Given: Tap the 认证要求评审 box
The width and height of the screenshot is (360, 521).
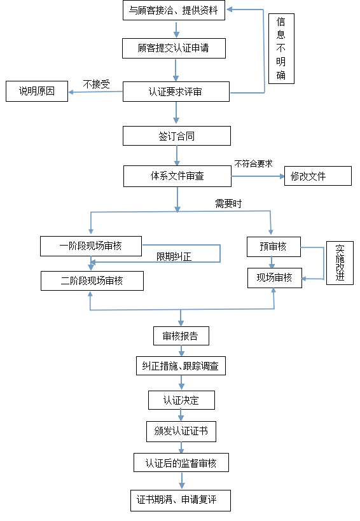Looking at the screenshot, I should pyautogui.click(x=176, y=92).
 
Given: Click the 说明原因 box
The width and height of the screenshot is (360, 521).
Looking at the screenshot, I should pyautogui.click(x=37, y=92).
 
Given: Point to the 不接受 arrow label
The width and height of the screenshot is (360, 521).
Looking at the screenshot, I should pyautogui.click(x=96, y=83).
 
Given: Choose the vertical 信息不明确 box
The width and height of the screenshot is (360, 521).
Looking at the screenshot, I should pyautogui.click(x=281, y=48).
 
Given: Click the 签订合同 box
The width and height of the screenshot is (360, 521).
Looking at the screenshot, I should pyautogui.click(x=176, y=136).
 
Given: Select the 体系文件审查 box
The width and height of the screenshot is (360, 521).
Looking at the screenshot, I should pyautogui.click(x=177, y=176).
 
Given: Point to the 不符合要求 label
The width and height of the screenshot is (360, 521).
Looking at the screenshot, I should pyautogui.click(x=253, y=163).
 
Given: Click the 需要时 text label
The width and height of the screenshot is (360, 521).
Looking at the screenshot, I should pyautogui.click(x=228, y=204).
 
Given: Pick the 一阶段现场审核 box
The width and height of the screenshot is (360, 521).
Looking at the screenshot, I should pyautogui.click(x=90, y=246).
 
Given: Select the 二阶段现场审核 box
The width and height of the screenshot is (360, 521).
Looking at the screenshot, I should pyautogui.click(x=92, y=281).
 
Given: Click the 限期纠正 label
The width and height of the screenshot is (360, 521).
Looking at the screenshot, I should pyautogui.click(x=174, y=257).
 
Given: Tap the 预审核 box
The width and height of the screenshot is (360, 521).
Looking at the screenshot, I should pyautogui.click(x=273, y=246).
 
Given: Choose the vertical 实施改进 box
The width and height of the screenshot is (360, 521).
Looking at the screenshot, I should pyautogui.click(x=340, y=263).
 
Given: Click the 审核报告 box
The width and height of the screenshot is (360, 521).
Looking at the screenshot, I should pyautogui.click(x=181, y=336).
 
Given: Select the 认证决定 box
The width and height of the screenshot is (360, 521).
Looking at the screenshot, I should pyautogui.click(x=181, y=400).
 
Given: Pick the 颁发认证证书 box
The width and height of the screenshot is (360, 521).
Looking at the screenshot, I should pyautogui.click(x=181, y=431).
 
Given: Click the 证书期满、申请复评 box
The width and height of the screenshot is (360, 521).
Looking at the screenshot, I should pyautogui.click(x=181, y=500).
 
